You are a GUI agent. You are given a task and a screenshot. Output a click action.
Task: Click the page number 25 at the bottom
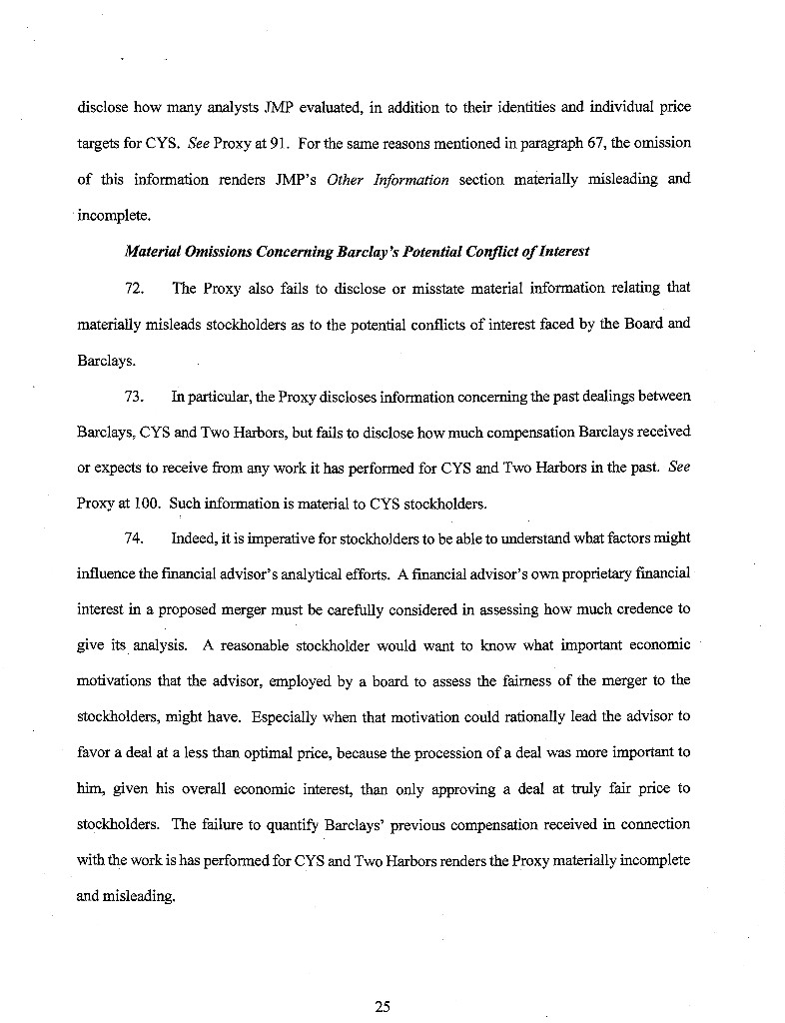click(382, 1006)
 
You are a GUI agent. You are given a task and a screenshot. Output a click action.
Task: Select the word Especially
click(289, 717)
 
